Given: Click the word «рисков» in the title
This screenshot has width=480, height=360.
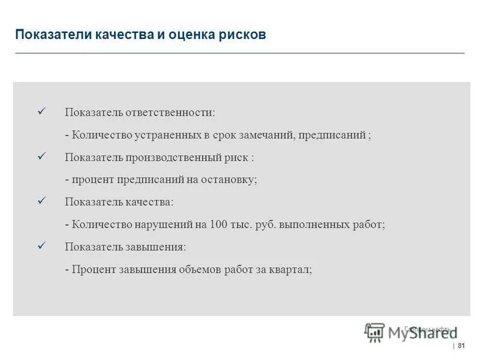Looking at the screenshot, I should (243, 34).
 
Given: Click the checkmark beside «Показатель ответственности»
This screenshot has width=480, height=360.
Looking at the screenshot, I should (42, 112).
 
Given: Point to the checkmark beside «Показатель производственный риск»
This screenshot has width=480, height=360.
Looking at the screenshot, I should (42, 156).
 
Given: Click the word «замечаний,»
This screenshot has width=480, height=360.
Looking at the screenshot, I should (266, 135).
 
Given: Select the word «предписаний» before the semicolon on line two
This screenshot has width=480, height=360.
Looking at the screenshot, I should (332, 135).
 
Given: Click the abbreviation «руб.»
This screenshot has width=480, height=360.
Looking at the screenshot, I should (264, 224).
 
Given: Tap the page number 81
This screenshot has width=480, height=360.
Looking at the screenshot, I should (461, 346).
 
